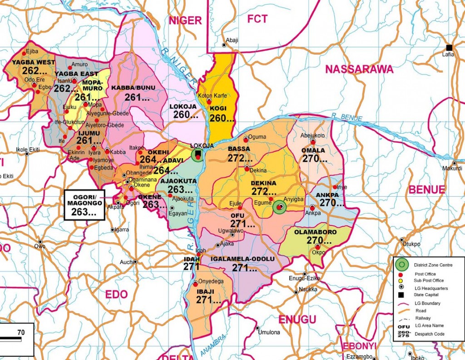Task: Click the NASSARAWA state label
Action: pyautogui.click(x=359, y=69)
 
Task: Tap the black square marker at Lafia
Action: pyautogui.click(x=449, y=48)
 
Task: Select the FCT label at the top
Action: pyautogui.click(x=257, y=19)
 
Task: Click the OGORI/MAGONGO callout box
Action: pyautogui.click(x=84, y=205)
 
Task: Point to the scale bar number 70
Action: pyautogui.click(x=21, y=332)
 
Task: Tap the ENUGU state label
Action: pyautogui.click(x=297, y=320)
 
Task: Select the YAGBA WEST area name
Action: pyautogui.click(x=34, y=62)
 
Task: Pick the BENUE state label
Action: pyautogui.click(x=427, y=190)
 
